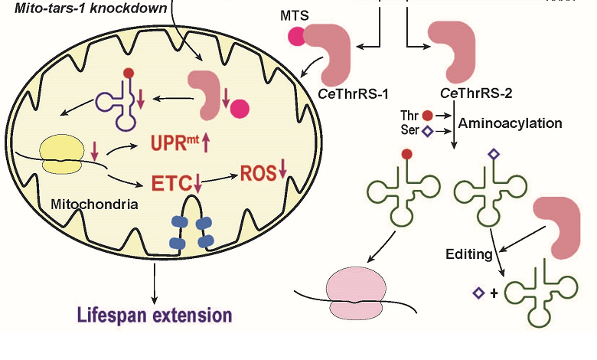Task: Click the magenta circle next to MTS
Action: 295,35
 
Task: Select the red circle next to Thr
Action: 427,115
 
